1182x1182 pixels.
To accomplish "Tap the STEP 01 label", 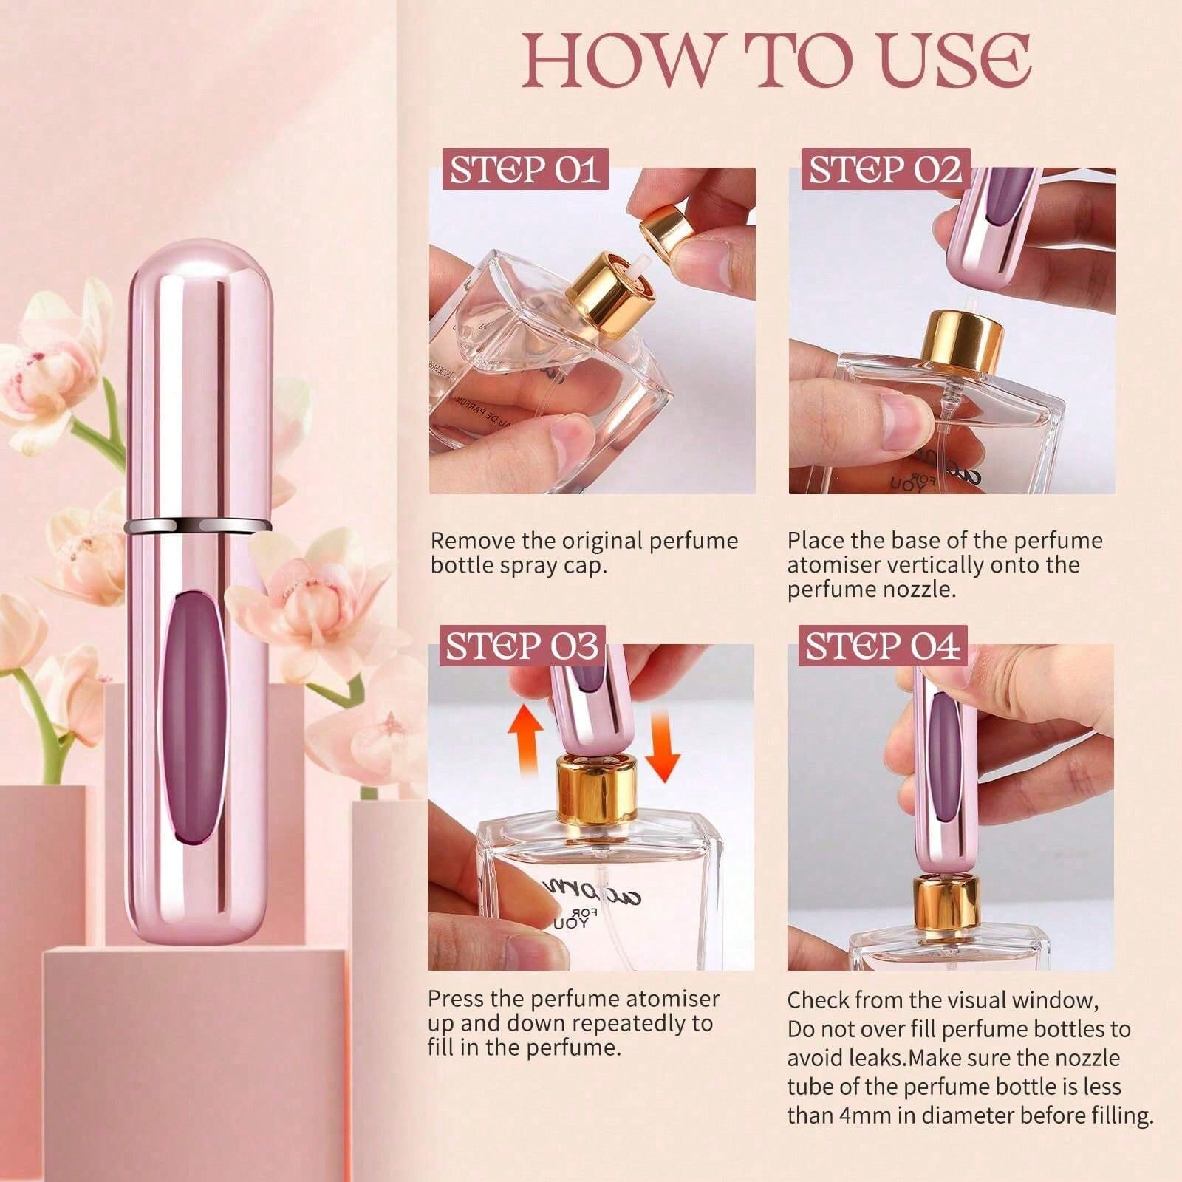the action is tap(525, 171).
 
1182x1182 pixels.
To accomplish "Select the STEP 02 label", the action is tap(885, 171).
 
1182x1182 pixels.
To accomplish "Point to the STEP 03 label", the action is tap(522, 646).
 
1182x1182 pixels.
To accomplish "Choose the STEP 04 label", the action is tap(883, 646).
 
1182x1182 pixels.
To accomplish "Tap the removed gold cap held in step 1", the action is tap(667, 227).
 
